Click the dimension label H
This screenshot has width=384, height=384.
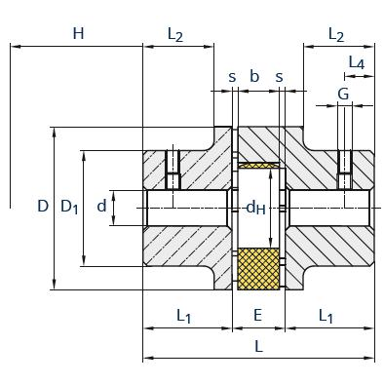pyautogui.click(x=78, y=33)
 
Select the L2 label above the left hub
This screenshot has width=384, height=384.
pyautogui.click(x=175, y=34)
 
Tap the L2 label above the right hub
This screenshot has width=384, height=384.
pyautogui.click(x=336, y=34)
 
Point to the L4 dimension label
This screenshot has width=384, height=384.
pyautogui.click(x=357, y=62)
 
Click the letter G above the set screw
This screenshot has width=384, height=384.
pyautogui.click(x=343, y=95)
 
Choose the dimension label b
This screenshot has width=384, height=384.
pyautogui.click(x=254, y=76)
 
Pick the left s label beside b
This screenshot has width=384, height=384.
pyautogui.click(x=232, y=78)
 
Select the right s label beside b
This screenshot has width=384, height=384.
pyautogui.click(x=279, y=78)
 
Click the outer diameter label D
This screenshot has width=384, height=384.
pyautogui.click(x=43, y=206)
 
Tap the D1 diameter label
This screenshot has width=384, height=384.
pyautogui.click(x=69, y=207)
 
